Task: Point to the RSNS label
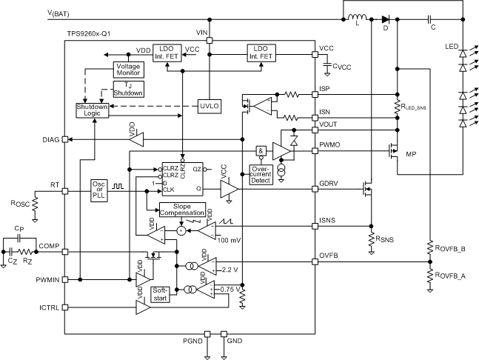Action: coord(383,240)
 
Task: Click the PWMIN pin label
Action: coord(48,280)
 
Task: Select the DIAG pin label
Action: coord(51,138)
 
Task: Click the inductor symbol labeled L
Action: coord(359,19)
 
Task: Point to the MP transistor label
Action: coord(411,154)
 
